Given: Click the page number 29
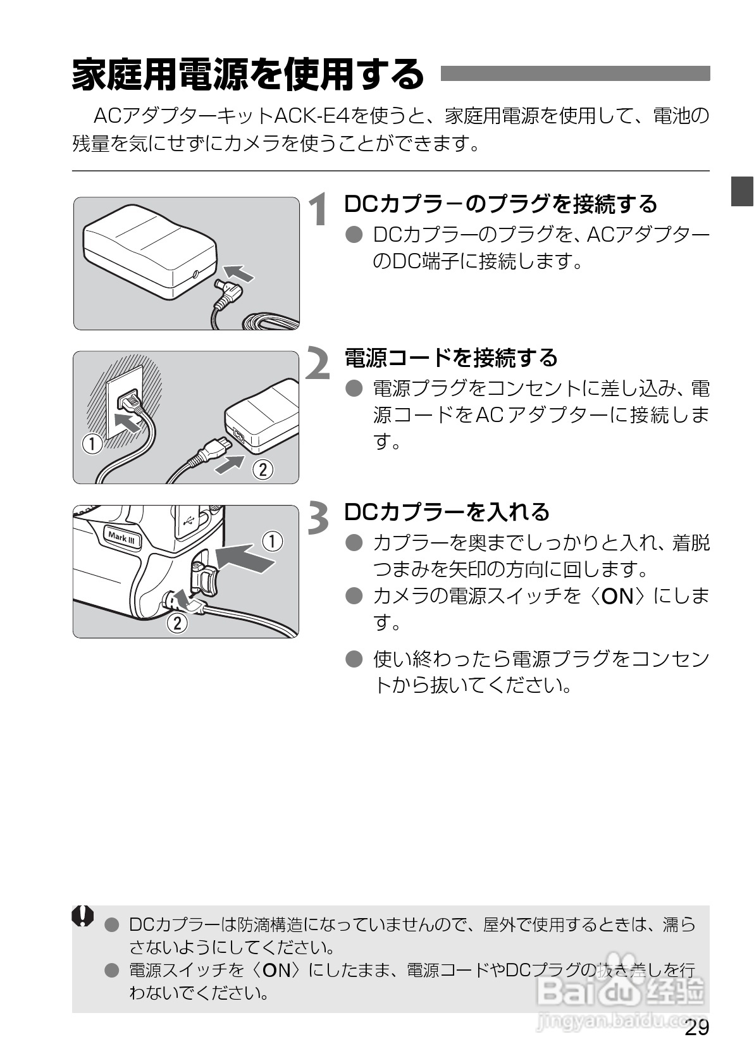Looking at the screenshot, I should (x=696, y=1028).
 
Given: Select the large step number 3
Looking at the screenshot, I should (x=319, y=517).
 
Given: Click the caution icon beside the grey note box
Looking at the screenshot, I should (x=83, y=916).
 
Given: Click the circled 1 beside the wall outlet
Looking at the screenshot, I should (x=92, y=444).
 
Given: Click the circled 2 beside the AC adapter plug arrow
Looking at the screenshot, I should (x=262, y=469).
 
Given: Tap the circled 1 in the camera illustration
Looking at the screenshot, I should (x=272, y=542).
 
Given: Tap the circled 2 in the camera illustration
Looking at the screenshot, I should (x=177, y=623).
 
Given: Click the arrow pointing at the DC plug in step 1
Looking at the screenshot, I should (x=240, y=273).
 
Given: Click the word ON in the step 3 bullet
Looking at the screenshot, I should (x=617, y=595).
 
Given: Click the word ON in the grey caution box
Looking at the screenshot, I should (x=276, y=970).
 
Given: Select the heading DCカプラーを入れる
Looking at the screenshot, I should (x=447, y=511).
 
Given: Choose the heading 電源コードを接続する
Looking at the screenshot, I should (x=450, y=357).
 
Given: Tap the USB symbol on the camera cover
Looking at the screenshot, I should (x=190, y=520).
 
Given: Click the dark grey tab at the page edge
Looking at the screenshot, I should (x=742, y=191).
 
